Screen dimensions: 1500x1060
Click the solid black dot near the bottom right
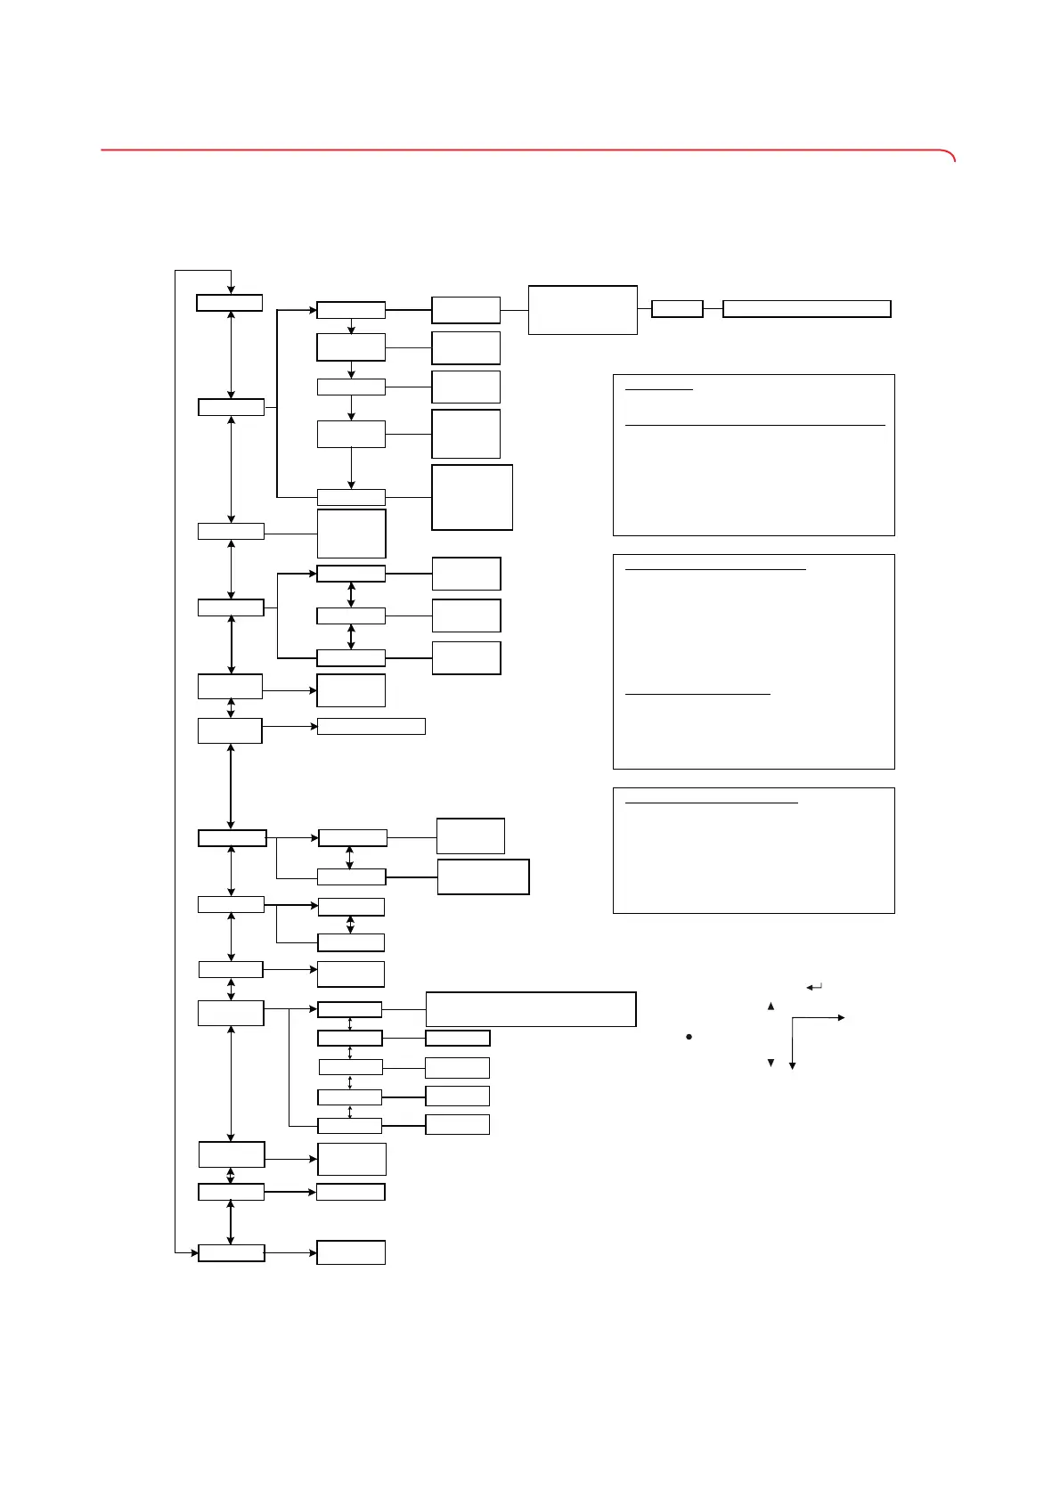689,1038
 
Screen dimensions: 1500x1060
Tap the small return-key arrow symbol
813,987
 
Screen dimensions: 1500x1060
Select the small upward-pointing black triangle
771,1007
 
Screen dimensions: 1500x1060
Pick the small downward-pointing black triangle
771,1063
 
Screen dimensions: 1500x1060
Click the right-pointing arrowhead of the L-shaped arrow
841,1017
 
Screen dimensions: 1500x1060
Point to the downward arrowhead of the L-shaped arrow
792,1065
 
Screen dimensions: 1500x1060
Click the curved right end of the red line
952,156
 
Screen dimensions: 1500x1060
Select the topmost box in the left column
230,303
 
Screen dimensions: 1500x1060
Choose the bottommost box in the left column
231,1253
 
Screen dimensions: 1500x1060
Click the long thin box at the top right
806,309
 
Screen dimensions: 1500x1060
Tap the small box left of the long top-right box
677,309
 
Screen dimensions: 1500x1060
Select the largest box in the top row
583,310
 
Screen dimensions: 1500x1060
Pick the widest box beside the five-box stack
531,1009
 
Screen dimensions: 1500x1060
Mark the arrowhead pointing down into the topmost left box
231,290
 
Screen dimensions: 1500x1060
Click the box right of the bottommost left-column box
351,1252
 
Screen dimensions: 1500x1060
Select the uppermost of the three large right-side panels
754,455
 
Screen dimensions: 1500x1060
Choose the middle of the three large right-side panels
754,662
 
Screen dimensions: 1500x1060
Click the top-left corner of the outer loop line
175,269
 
